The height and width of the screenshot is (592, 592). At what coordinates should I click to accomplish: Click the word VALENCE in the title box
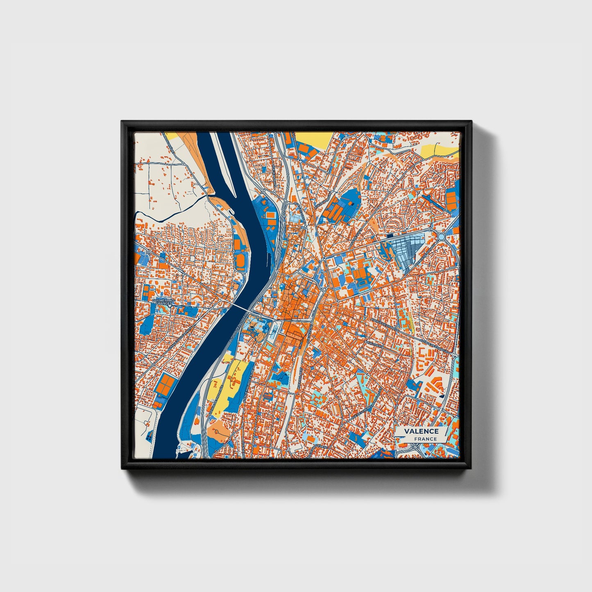[x=421, y=431]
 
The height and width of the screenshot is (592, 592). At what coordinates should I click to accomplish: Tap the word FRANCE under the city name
[x=425, y=439]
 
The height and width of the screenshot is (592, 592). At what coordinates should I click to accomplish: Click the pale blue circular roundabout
[x=442, y=237]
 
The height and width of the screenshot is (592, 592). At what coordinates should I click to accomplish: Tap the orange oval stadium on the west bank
[x=241, y=261]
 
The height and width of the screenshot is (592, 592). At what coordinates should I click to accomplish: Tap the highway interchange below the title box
[x=414, y=451]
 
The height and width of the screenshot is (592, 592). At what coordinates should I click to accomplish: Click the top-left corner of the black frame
[x=122, y=122]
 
